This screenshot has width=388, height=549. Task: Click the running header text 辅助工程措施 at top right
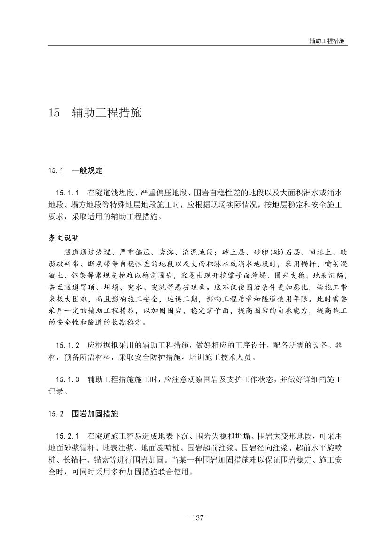(x=327, y=41)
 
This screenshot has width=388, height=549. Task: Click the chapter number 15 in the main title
(x=54, y=114)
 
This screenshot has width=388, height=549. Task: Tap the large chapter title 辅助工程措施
(x=107, y=114)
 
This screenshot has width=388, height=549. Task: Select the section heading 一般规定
(x=87, y=170)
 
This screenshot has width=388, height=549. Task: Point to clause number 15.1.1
(x=67, y=193)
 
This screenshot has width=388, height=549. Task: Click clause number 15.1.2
(x=67, y=346)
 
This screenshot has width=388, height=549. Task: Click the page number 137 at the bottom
(x=194, y=518)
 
